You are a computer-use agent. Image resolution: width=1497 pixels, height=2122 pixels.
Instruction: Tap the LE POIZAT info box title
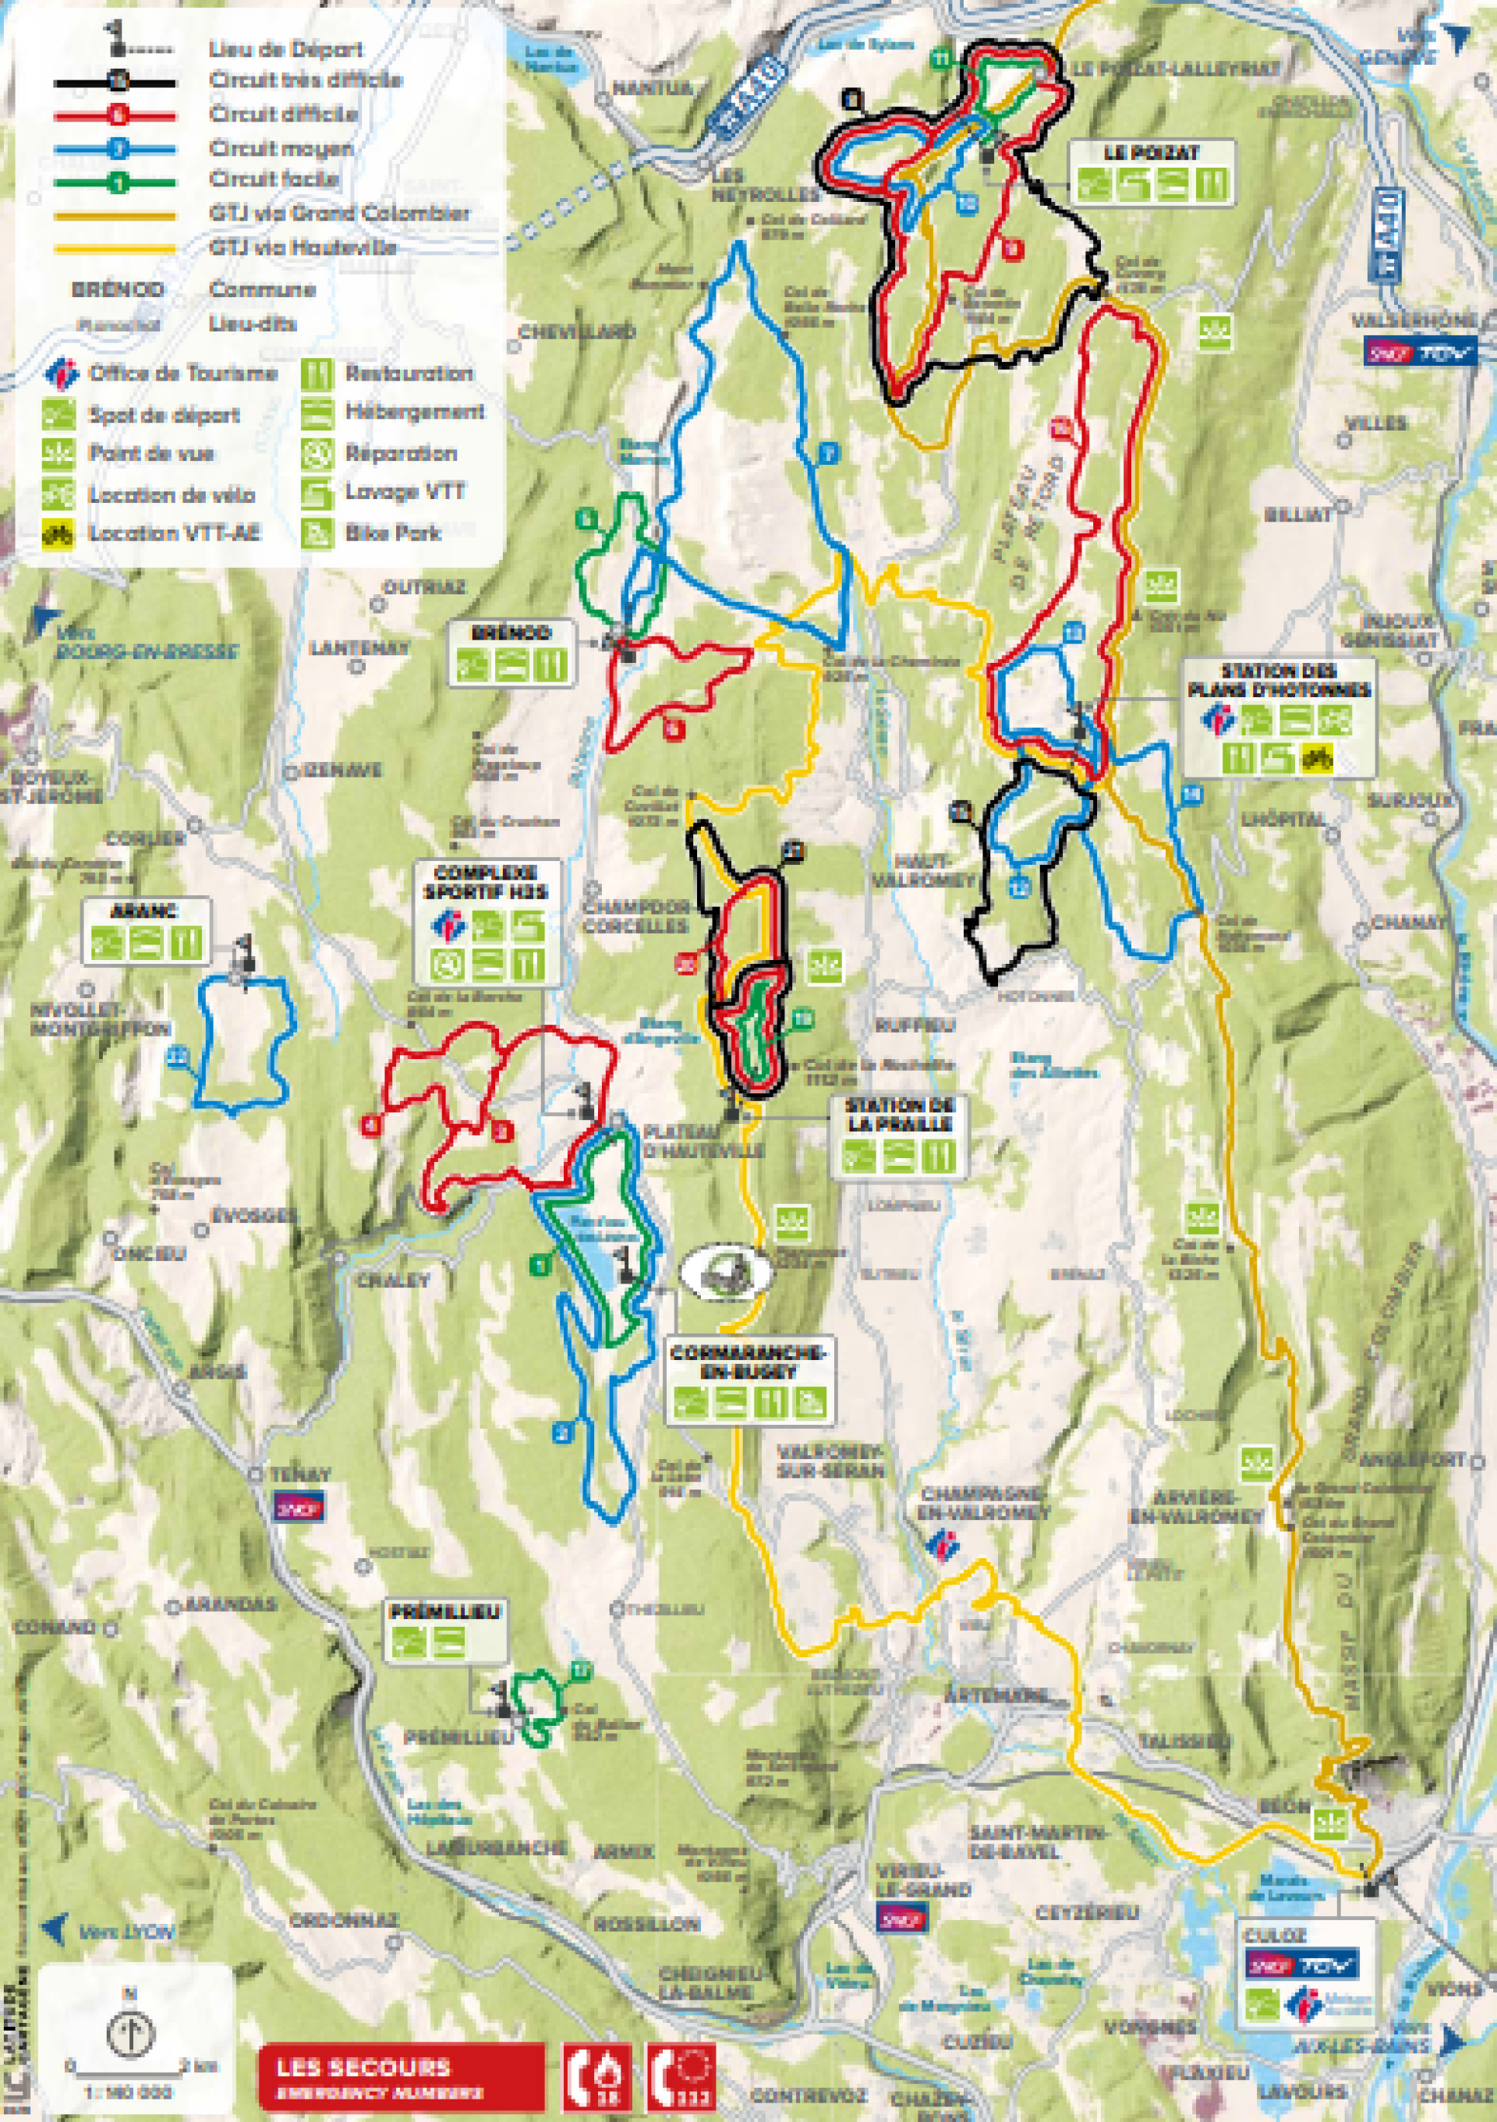pyautogui.click(x=1152, y=154)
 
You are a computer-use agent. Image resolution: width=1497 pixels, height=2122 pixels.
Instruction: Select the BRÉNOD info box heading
pyautogui.click(x=511, y=634)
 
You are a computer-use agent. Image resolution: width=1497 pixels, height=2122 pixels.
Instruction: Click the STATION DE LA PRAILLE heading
pyautogui.click(x=898, y=1114)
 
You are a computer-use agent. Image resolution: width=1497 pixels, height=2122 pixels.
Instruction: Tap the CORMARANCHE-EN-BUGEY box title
pyautogui.click(x=748, y=1362)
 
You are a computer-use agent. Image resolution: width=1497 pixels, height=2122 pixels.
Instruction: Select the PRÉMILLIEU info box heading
pyautogui.click(x=444, y=1613)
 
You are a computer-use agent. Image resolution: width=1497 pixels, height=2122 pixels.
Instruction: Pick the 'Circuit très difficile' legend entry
pyautogui.click(x=305, y=80)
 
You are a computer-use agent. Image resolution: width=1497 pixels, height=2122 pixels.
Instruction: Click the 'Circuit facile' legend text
pyautogui.click(x=274, y=179)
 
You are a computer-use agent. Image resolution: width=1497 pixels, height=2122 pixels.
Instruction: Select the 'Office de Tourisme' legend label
pyautogui.click(x=183, y=374)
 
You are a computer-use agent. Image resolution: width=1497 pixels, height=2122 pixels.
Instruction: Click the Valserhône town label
pyautogui.click(x=1407, y=320)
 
